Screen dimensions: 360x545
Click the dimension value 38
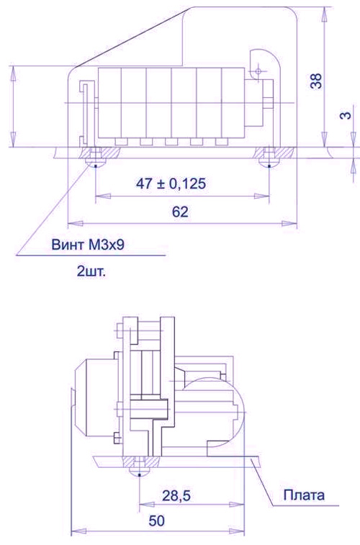click(x=317, y=81)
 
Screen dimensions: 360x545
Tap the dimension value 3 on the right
click(x=346, y=115)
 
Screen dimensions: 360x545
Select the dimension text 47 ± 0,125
click(x=171, y=183)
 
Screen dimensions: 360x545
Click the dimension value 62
click(x=180, y=212)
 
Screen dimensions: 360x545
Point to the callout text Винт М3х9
click(x=88, y=245)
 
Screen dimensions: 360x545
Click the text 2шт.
click(x=91, y=271)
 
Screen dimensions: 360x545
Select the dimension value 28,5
click(x=176, y=495)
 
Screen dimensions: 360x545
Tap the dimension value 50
click(x=157, y=521)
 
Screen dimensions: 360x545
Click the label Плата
click(x=304, y=495)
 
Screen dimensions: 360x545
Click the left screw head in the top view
click(x=95, y=163)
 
